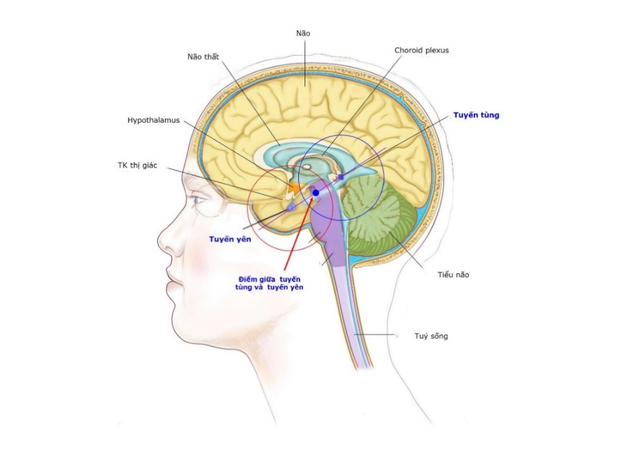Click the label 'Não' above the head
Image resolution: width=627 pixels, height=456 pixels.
click(303, 32)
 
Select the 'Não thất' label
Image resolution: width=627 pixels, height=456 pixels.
click(203, 57)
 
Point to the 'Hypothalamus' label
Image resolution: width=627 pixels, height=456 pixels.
click(154, 119)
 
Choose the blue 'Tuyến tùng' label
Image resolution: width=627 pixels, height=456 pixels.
click(476, 116)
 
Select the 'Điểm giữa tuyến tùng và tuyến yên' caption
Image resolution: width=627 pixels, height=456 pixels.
click(270, 283)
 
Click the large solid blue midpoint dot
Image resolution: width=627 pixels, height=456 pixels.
click(315, 192)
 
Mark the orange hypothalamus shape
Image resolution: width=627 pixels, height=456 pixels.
click(293, 188)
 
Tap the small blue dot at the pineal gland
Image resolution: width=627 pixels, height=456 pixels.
click(341, 177)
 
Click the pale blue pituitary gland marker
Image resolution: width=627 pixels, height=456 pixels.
click(291, 207)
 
